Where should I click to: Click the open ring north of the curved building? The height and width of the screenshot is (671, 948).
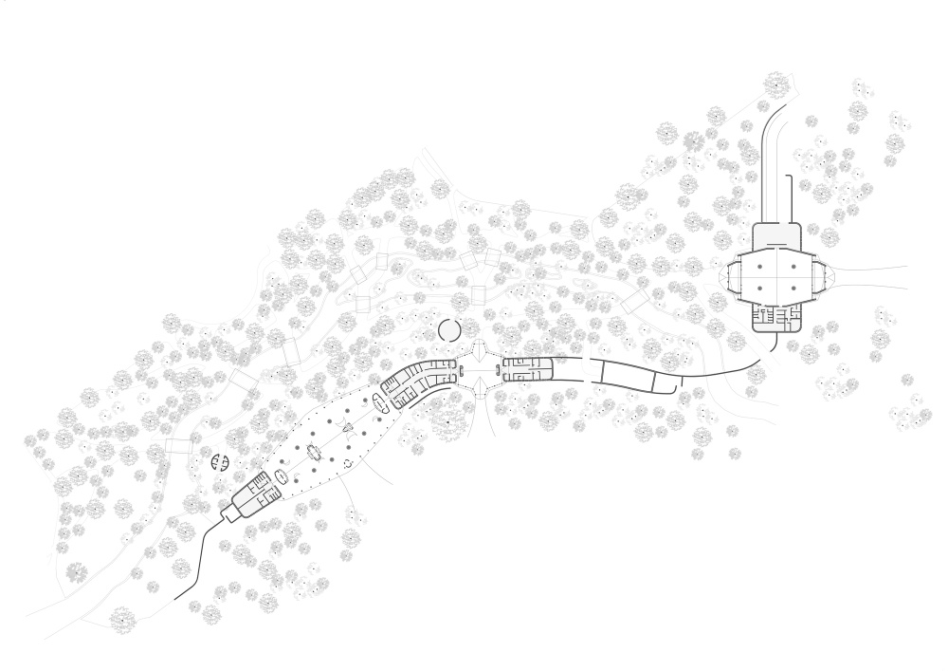tap(448, 330)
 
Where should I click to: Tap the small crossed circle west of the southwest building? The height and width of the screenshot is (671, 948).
tap(220, 462)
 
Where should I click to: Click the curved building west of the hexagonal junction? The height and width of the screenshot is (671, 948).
tap(418, 380)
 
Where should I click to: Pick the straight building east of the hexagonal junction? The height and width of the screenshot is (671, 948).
tap(528, 370)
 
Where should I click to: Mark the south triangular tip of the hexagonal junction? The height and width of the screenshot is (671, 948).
tap(479, 386)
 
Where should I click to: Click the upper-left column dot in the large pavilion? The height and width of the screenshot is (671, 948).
tap(761, 252)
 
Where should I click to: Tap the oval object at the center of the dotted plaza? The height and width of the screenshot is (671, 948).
tap(314, 454)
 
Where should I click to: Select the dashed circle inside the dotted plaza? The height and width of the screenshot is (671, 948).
tap(347, 462)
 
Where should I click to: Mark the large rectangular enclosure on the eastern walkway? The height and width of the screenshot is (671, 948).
tap(628, 376)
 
